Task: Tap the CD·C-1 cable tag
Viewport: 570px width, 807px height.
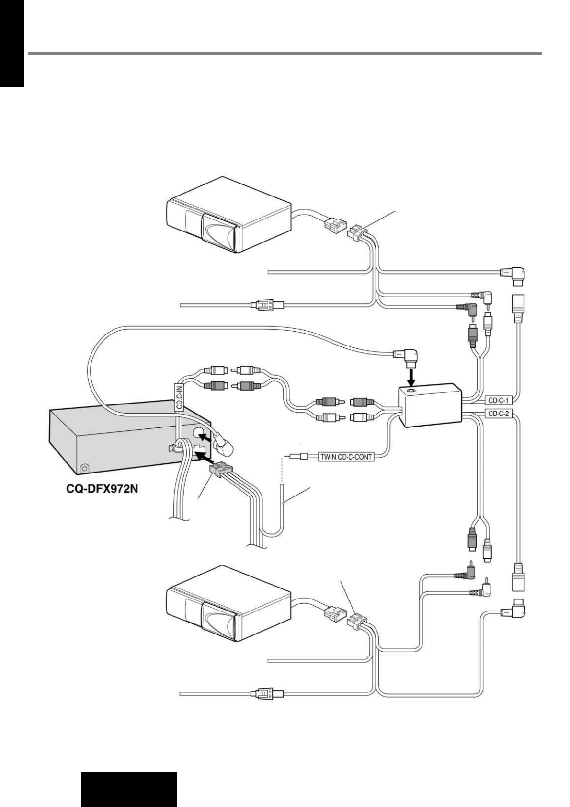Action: click(499, 400)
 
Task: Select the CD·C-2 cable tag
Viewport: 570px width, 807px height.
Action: click(499, 414)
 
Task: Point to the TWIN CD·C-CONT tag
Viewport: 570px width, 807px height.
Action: click(345, 457)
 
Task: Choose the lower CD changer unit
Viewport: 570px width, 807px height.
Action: click(228, 603)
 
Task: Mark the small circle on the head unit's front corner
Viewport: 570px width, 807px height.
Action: click(85, 468)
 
